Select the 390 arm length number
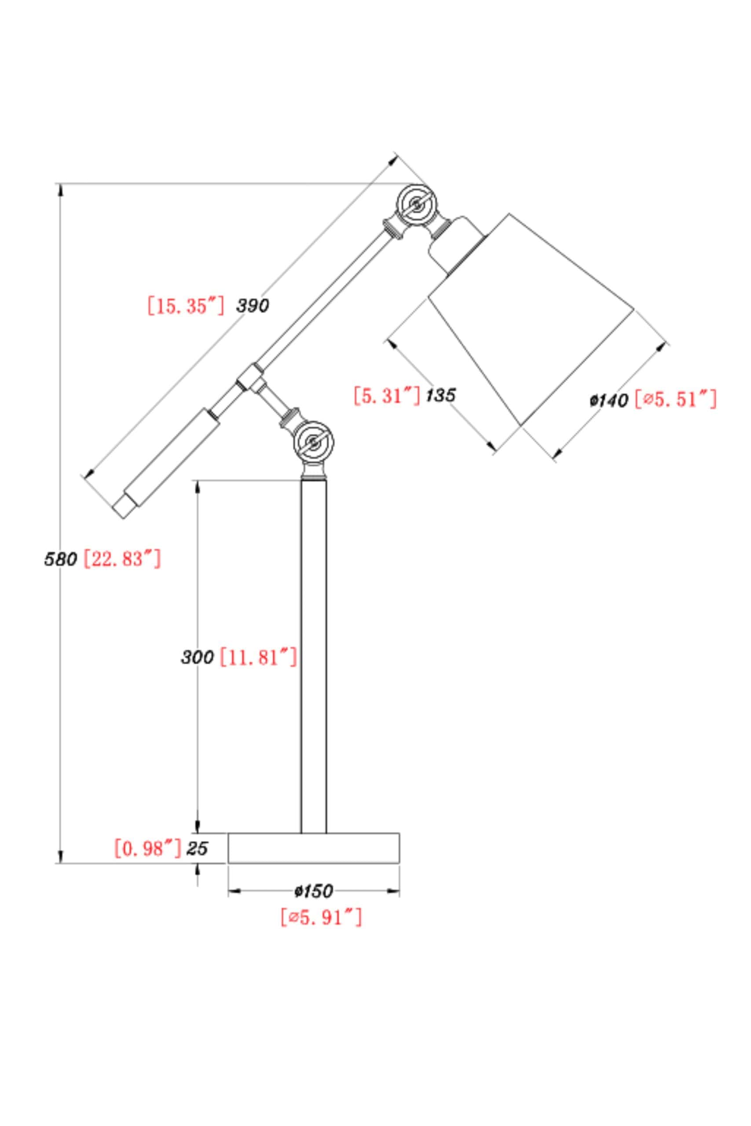(253, 306)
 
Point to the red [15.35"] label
(186, 305)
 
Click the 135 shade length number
(441, 395)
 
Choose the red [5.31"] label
(387, 395)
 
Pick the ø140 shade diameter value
(609, 400)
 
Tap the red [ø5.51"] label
(676, 399)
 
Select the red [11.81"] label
(258, 657)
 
